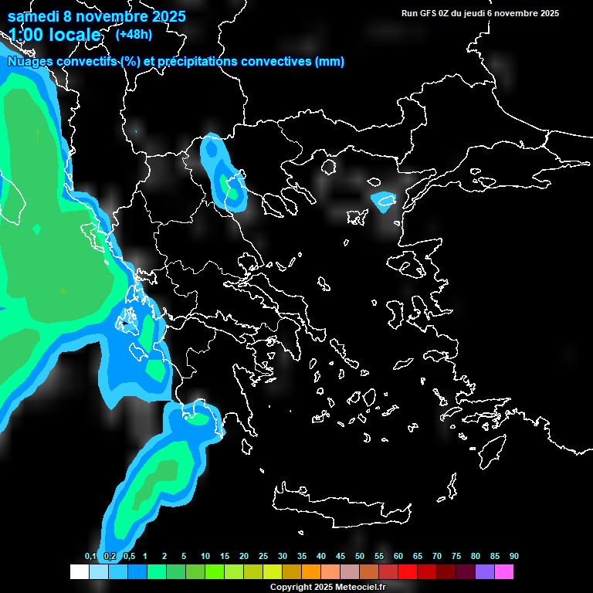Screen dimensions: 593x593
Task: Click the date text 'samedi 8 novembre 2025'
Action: click(96, 15)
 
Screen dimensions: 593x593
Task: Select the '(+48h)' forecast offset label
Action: click(134, 34)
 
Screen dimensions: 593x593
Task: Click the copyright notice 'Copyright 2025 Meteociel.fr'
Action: click(327, 588)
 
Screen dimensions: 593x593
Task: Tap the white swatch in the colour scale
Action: click(79, 572)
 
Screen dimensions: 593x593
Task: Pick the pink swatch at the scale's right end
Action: click(504, 572)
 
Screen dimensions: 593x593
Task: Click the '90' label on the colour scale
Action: click(514, 557)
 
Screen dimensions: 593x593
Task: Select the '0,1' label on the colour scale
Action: click(90, 557)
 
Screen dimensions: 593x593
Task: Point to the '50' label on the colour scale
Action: click(360, 557)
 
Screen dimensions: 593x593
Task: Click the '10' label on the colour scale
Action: click(205, 557)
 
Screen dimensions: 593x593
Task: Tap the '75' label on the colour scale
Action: click(456, 557)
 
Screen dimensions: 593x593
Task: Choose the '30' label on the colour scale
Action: click(283, 557)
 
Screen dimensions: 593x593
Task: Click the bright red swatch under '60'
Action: click(408, 572)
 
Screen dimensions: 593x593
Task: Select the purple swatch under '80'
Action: click(485, 572)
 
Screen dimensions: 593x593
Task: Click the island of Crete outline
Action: click(340, 506)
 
